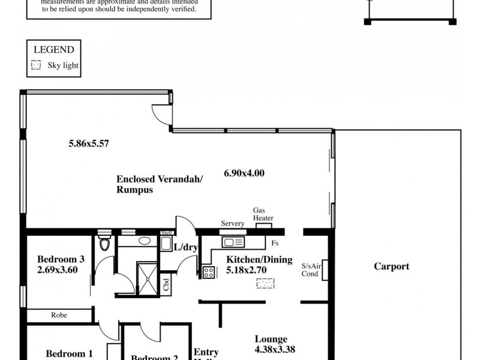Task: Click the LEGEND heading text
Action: coord(54,50)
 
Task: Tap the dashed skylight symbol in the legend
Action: coord(36,65)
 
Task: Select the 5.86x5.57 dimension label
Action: coord(88,143)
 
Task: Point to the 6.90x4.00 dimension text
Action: coord(244,173)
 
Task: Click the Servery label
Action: coord(232,223)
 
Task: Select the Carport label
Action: coord(391,266)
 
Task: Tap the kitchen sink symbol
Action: coord(232,242)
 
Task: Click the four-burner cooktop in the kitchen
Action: coord(209,272)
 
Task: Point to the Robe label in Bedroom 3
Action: coord(59,314)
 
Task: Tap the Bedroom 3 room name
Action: coord(61,259)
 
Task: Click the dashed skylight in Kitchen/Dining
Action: coord(265,283)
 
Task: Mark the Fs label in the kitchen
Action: coord(274,244)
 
